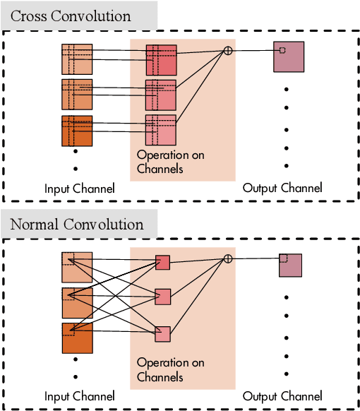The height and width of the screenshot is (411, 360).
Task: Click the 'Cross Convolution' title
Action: click(71, 16)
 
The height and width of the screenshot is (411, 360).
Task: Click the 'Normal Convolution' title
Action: click(77, 225)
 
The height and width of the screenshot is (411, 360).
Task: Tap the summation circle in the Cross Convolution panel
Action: click(228, 50)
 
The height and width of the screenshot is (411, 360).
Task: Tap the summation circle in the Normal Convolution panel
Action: click(228, 259)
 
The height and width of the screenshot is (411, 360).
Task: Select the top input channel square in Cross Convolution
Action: click(77, 59)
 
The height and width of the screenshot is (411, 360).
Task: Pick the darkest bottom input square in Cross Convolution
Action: click(77, 131)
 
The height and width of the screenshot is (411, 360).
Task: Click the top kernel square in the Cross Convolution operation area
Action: click(161, 59)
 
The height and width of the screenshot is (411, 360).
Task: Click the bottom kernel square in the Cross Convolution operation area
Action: click(161, 130)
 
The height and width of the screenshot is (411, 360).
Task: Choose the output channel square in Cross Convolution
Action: click(289, 56)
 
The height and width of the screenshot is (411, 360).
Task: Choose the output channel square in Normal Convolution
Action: click(290, 265)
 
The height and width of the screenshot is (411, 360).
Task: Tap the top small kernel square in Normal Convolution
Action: click(163, 263)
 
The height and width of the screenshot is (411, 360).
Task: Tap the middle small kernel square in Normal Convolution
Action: click(163, 296)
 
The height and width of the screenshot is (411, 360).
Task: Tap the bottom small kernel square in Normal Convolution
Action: click(163, 333)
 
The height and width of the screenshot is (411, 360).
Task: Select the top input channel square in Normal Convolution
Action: click(77, 268)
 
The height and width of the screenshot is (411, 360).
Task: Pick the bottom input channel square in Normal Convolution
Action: click(77, 338)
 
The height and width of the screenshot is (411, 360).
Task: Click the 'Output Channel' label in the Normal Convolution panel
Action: click(282, 396)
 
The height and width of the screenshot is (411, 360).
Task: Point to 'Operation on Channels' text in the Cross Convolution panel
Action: click(171, 162)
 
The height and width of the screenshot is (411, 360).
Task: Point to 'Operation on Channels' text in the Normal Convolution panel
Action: click(171, 370)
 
